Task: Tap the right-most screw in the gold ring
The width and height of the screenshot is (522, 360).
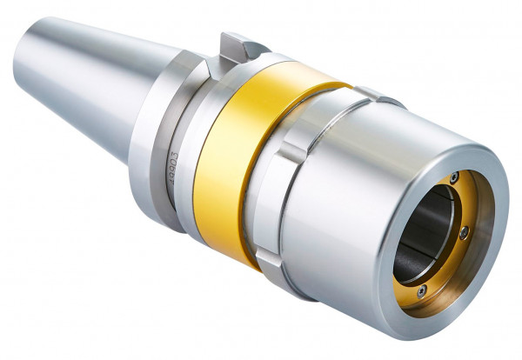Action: pyautogui.click(x=465, y=233)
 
